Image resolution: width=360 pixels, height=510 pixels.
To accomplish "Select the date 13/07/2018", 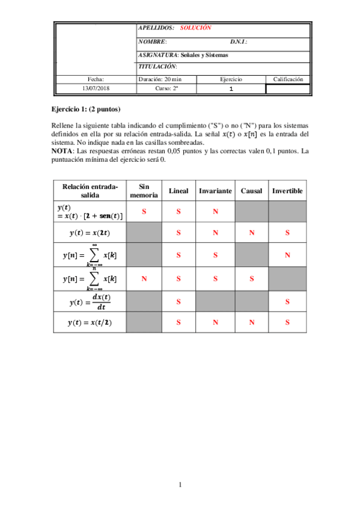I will click(96, 88).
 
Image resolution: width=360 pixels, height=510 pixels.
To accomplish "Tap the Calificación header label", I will click(288, 79).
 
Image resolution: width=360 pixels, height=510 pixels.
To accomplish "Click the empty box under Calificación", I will click(288, 89).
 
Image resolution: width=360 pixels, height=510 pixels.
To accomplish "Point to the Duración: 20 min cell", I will click(160, 79).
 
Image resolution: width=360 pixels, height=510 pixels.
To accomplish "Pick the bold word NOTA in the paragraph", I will click(62, 150).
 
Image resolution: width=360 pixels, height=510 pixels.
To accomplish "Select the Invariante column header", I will click(215, 191).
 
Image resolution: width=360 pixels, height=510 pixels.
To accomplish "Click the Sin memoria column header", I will click(144, 191).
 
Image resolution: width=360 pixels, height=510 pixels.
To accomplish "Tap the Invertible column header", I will click(287, 191).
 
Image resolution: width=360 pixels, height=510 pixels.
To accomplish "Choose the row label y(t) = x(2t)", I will click(90, 232).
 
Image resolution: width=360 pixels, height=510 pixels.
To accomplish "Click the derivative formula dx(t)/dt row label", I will click(90, 301).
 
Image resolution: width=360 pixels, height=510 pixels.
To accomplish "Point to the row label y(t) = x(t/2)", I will click(90, 322).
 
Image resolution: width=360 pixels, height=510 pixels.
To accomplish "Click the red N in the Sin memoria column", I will click(144, 278).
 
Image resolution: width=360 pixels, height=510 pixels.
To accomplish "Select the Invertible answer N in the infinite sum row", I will click(287, 255).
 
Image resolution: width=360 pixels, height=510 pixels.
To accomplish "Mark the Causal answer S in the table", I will click(251, 278).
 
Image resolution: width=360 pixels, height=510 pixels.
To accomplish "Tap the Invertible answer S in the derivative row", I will click(287, 301).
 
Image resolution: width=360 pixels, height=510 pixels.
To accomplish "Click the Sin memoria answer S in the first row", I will click(144, 212).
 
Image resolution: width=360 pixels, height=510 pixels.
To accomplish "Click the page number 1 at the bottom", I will click(180, 485).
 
